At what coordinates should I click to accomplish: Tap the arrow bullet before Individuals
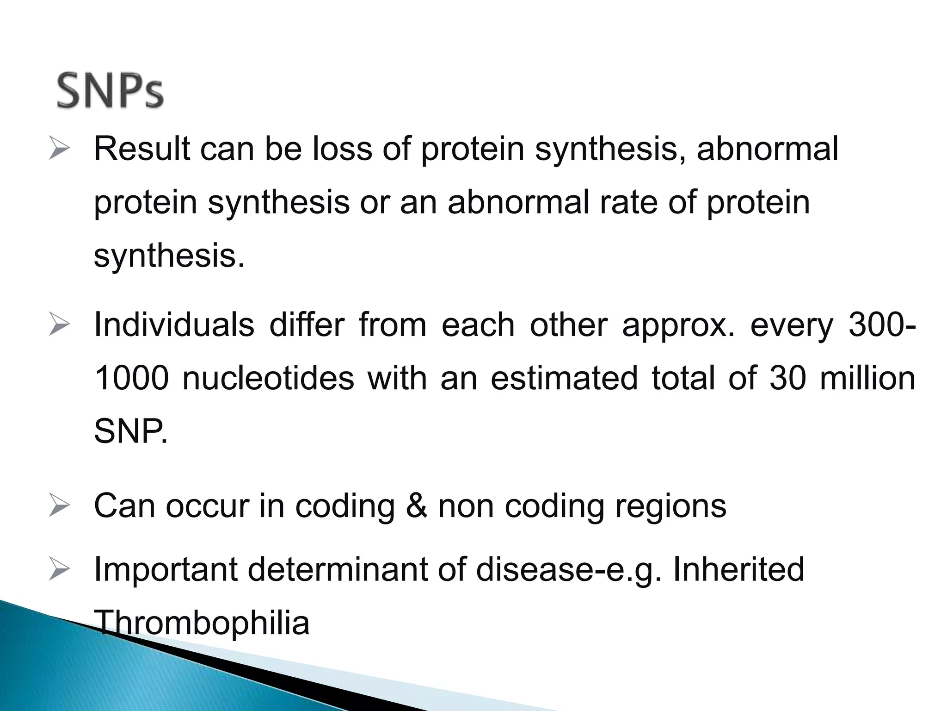[x=59, y=325]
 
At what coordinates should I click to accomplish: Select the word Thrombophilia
[x=202, y=623]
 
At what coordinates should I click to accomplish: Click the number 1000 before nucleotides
[x=131, y=378]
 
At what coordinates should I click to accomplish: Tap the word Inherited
[x=738, y=569]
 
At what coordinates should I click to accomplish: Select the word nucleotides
[x=268, y=378]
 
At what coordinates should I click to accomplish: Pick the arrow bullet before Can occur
[x=59, y=506]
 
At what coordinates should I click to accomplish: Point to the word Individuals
[x=174, y=325]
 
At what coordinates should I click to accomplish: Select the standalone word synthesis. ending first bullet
[x=169, y=256]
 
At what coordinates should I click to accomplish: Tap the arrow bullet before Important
[x=59, y=569]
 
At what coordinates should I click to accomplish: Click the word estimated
[x=564, y=378]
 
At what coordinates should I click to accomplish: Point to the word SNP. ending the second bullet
[x=130, y=431]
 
